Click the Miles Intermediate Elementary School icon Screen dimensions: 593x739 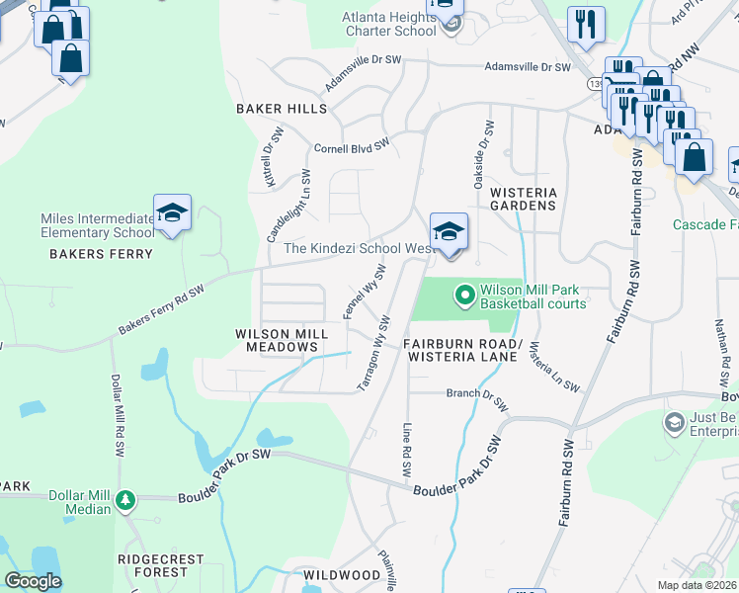click(x=172, y=213)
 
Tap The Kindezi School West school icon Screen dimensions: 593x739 click(x=449, y=232)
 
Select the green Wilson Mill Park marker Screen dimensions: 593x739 click(x=464, y=295)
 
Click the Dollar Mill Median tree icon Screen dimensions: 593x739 click(x=124, y=500)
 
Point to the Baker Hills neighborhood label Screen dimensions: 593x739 click(x=274, y=108)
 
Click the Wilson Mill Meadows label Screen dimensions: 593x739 click(x=277, y=340)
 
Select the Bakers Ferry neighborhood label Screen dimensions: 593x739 click(x=102, y=254)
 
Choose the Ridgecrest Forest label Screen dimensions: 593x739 click(x=152, y=564)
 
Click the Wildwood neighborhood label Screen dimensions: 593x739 click(x=343, y=574)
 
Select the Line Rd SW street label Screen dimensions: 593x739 click(x=407, y=451)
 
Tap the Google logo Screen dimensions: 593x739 click(x=33, y=580)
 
